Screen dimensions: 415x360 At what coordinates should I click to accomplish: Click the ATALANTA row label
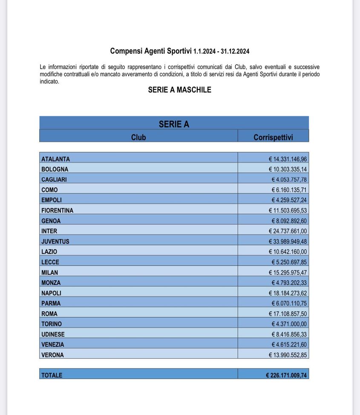click(55, 159)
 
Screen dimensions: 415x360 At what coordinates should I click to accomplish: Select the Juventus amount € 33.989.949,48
click(288, 241)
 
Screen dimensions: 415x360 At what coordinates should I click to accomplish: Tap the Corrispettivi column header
click(273, 137)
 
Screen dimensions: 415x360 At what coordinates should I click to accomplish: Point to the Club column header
click(138, 137)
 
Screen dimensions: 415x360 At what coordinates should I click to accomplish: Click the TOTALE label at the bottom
click(52, 375)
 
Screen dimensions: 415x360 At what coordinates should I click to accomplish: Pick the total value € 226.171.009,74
click(286, 375)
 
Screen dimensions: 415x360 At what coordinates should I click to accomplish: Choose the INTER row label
click(49, 231)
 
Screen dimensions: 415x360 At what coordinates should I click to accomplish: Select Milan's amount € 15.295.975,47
click(288, 273)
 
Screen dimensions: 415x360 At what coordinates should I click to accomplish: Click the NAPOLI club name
click(51, 293)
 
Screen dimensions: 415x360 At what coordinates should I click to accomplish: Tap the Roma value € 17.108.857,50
click(288, 313)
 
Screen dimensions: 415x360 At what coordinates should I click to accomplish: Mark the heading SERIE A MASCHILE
click(179, 90)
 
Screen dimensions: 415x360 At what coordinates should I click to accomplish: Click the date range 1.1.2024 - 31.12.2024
click(221, 52)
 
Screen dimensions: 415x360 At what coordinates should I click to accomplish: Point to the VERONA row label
click(52, 355)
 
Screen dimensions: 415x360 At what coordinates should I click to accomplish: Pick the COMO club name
click(49, 190)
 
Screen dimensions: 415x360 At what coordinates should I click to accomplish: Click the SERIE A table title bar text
click(174, 124)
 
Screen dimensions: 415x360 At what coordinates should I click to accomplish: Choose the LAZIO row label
click(49, 252)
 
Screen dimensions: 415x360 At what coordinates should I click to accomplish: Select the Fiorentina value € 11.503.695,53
click(288, 211)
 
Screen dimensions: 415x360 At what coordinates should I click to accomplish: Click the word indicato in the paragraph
click(49, 81)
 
